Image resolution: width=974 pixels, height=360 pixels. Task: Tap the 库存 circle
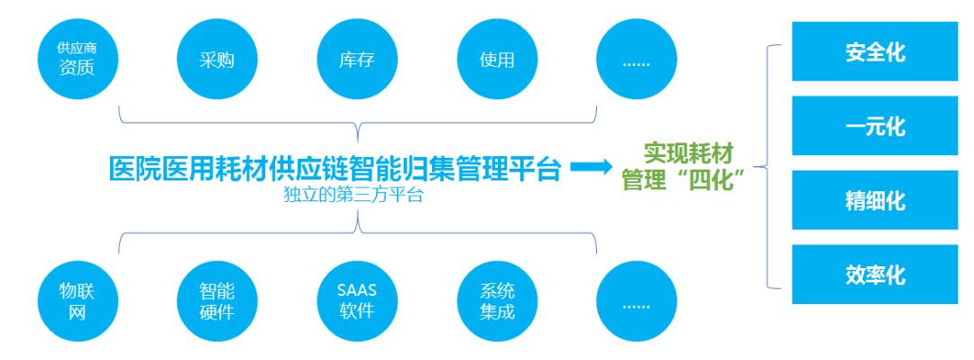click(357, 60)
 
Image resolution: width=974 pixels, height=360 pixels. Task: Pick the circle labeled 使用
click(498, 60)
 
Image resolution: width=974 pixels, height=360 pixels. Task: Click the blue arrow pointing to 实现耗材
click(590, 168)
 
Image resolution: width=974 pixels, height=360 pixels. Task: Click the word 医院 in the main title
click(132, 169)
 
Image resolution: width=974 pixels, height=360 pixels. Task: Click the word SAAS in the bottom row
click(357, 291)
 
